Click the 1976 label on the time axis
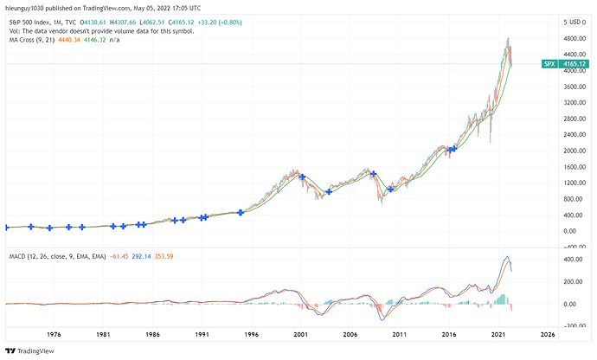tap(54, 333)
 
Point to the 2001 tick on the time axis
tap(301, 333)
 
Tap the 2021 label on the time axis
tap(499, 333)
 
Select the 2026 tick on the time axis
tap(549, 333)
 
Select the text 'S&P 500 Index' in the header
tap(25, 22)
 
